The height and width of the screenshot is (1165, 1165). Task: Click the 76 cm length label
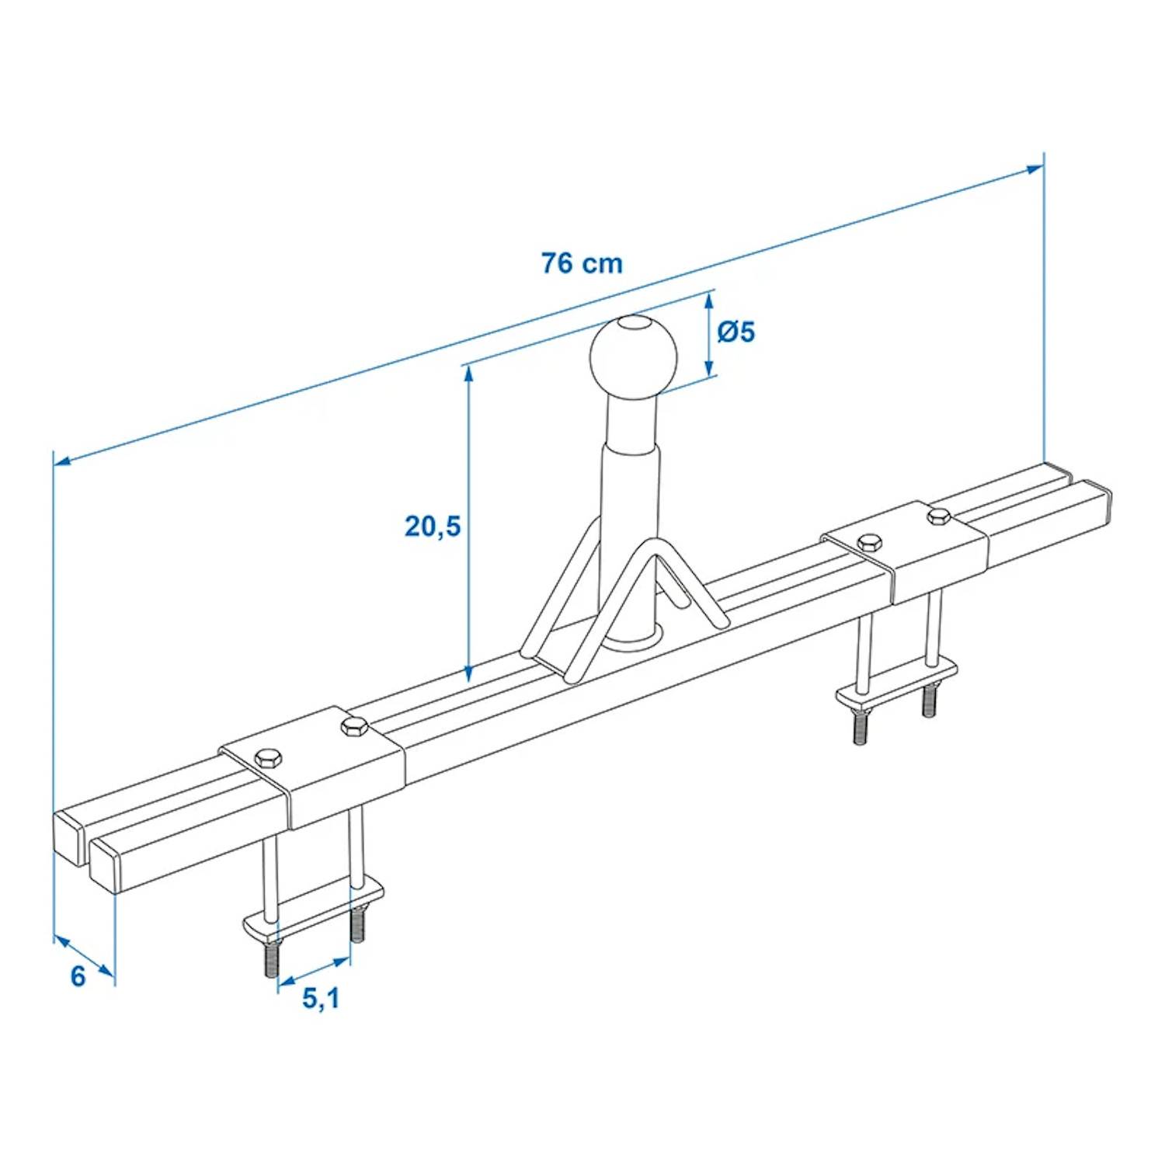[x=582, y=263]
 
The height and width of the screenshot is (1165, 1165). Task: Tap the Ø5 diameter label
[x=736, y=332]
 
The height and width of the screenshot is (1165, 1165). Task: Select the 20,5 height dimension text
[x=433, y=527]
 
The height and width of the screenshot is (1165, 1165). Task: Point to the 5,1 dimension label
[x=321, y=998]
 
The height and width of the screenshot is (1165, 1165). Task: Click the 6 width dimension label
[x=78, y=976]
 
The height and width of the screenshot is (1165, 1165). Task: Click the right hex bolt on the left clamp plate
[x=353, y=727]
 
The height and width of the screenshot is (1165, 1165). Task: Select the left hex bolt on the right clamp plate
[x=869, y=541]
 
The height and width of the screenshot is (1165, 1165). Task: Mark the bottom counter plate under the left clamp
[x=311, y=916]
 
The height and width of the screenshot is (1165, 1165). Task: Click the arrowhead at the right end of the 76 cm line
[x=1037, y=169]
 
